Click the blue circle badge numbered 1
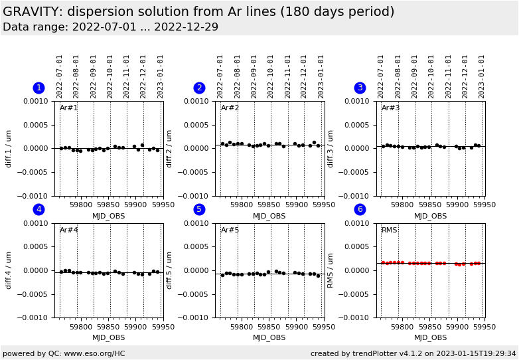(x=38, y=88)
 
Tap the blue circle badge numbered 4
(x=38, y=210)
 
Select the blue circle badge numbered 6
(x=360, y=210)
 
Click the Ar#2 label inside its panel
(x=230, y=108)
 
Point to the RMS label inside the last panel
(x=390, y=230)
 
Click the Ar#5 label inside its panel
(x=230, y=230)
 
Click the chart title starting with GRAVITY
(x=198, y=12)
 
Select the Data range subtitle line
(x=110, y=27)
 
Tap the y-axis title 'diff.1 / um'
(x=9, y=148)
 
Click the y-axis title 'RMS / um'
(x=331, y=270)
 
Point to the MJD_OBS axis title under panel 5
(x=269, y=337)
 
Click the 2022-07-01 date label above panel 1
(x=60, y=76)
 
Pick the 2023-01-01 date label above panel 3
(x=482, y=76)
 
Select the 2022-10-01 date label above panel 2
(x=271, y=76)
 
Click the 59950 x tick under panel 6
(x=484, y=326)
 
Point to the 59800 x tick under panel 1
(x=80, y=326)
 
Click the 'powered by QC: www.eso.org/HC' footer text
(x=64, y=353)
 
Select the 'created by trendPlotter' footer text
(x=413, y=353)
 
